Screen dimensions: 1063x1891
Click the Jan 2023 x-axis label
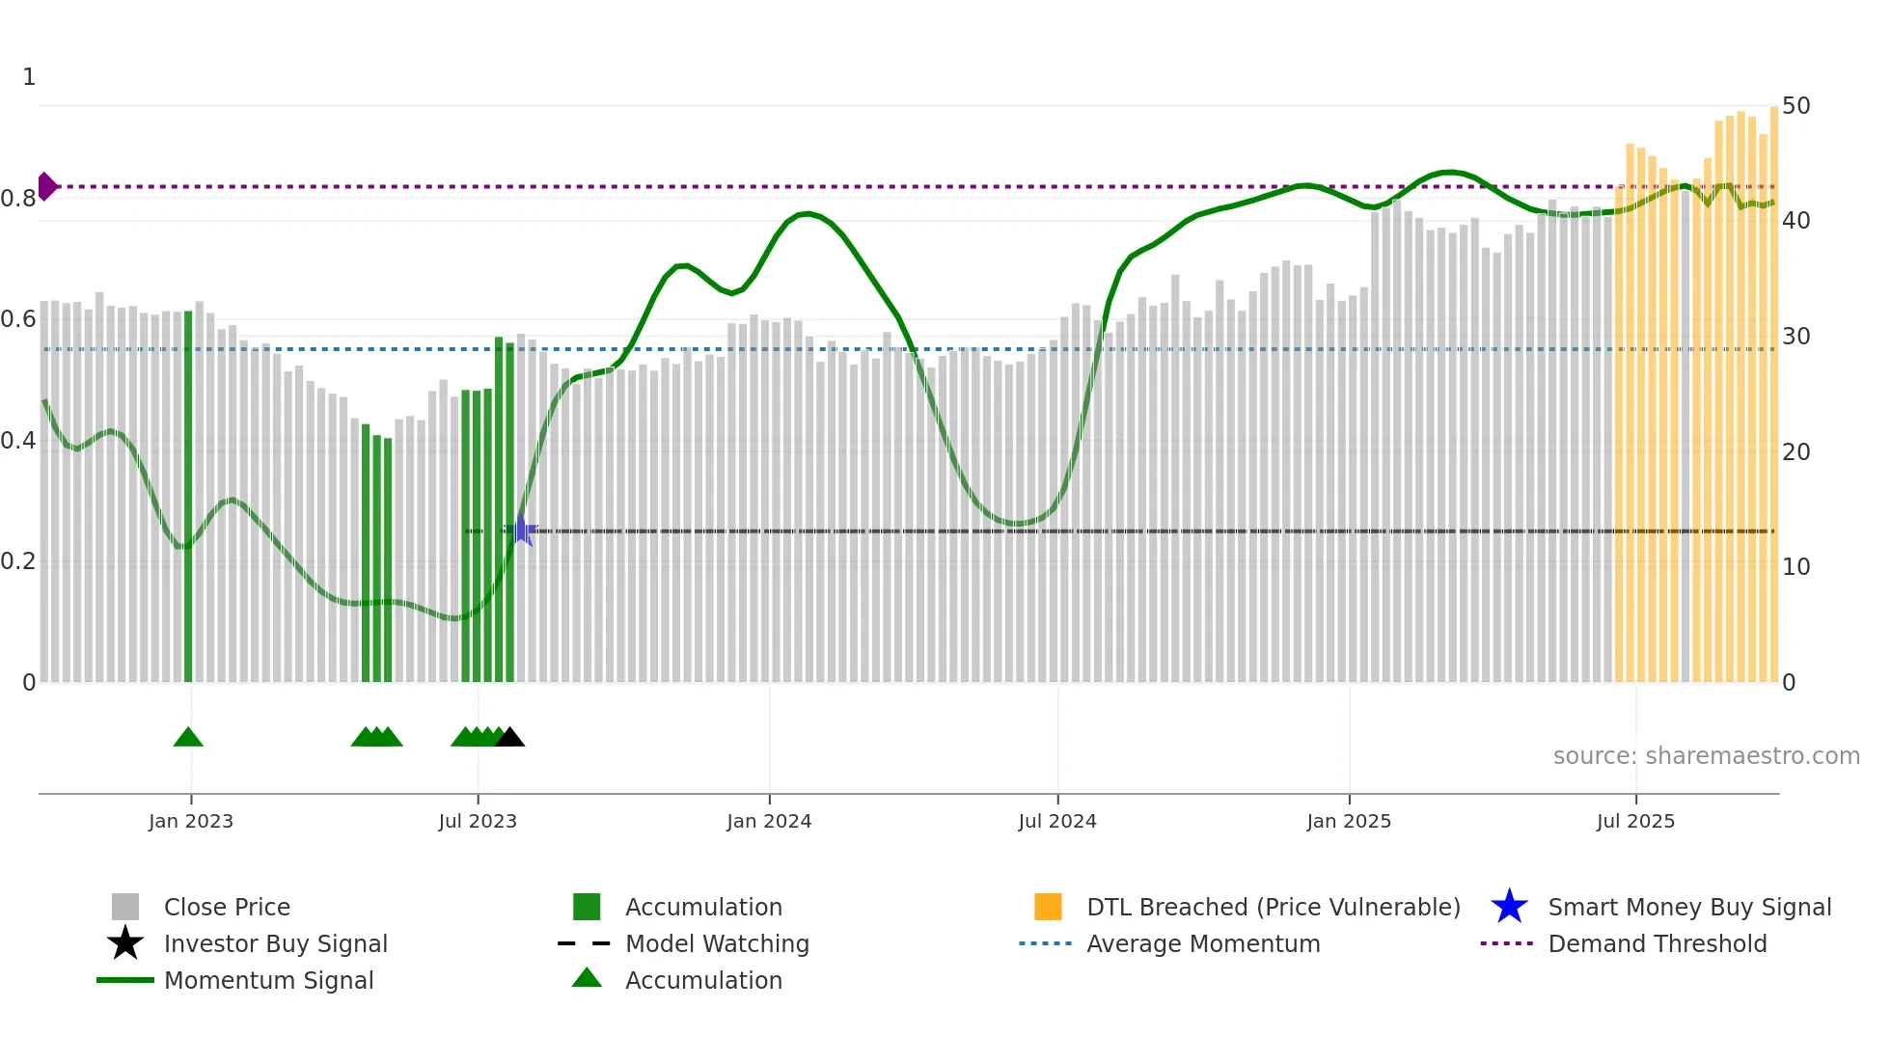[x=190, y=821]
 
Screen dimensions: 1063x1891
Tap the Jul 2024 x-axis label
[x=1056, y=821]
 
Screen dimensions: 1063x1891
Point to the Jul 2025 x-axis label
[x=1635, y=821]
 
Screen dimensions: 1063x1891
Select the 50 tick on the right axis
[x=1795, y=105]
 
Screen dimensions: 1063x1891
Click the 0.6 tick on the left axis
[x=18, y=318]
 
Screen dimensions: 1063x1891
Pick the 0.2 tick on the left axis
[x=18, y=561]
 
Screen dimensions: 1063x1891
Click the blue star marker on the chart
[x=521, y=531]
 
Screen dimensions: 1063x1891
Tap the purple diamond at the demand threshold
[x=46, y=186]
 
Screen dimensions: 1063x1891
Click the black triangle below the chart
[x=509, y=737]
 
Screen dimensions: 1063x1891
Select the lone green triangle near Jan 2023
[x=188, y=737]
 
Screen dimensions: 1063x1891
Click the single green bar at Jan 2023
[x=188, y=497]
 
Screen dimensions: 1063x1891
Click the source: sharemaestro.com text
[x=1706, y=756]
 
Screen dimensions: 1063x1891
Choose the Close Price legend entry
[x=227, y=907]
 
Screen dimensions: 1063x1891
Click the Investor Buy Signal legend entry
[x=275, y=943]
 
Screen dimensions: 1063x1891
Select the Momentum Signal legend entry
[x=268, y=980]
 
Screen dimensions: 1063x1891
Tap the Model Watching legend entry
[x=717, y=943]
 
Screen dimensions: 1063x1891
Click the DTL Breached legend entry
[x=1273, y=907]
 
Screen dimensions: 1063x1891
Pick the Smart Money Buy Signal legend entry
[x=1688, y=907]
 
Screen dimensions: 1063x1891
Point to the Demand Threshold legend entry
[x=1657, y=943]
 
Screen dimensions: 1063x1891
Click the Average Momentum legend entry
[x=1202, y=943]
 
